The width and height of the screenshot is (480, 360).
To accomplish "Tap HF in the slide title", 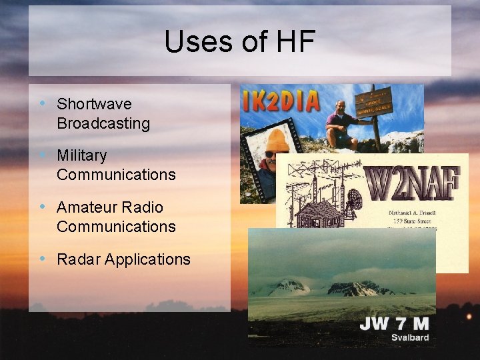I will coord(293,42).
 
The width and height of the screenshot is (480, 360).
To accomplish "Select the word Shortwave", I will coord(94,104).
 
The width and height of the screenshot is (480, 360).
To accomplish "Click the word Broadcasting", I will coord(103,123).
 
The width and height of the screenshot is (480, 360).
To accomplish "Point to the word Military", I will coord(81,155).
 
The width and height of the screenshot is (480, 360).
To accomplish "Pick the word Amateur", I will coord(85,207).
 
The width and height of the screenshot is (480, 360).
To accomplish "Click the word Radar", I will coord(77,259).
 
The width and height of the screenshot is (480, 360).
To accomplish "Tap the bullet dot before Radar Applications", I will coord(43,259).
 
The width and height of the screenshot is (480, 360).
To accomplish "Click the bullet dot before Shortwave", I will coord(43,103).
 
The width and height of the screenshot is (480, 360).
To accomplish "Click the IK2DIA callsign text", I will coord(281,102).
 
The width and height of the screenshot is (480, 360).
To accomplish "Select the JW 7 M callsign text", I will coord(394,325).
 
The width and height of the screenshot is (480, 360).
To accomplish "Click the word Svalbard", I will coord(409,338).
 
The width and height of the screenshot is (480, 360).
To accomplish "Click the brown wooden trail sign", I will coord(373,103).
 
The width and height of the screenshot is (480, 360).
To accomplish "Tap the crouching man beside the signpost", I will coord(342,123).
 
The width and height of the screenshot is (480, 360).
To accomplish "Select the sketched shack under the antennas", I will coord(315,214).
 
